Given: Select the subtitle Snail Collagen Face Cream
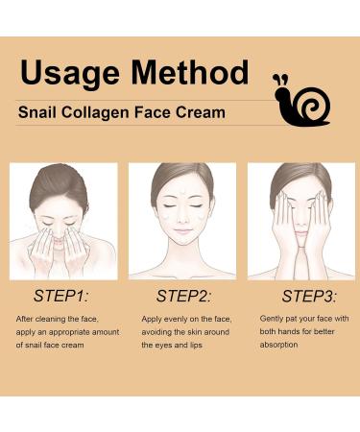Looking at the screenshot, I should coord(122,112).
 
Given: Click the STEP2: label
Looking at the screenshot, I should coord(183,295).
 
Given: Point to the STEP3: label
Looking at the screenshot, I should coord(302,295).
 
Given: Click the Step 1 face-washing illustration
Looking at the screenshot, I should coord(63,221).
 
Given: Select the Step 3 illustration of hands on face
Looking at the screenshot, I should coord(300,221).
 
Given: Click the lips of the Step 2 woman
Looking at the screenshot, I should coord(181,236).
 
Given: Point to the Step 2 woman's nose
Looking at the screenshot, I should coord(181,224).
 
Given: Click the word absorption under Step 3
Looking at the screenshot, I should coord(279,345).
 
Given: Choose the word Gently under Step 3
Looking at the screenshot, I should coord(276,318).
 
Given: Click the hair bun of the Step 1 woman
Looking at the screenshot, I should coord(64,173).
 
